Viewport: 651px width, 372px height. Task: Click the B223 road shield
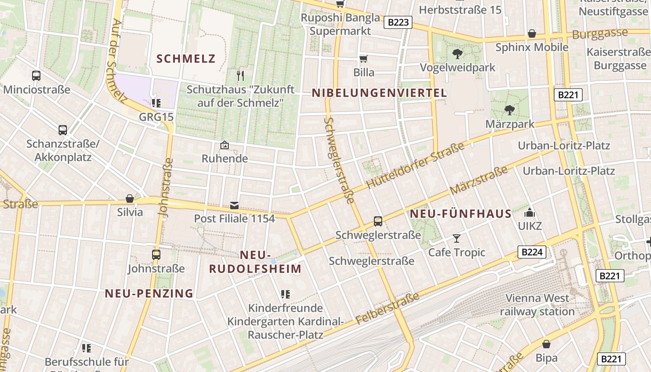(399, 22)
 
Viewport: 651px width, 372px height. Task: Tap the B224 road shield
(532, 252)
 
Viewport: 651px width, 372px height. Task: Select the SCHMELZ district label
(186, 59)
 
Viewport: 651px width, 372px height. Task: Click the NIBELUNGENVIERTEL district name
(379, 93)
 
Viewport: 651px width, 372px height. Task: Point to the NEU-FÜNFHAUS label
(461, 214)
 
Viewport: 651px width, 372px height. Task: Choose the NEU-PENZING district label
(149, 293)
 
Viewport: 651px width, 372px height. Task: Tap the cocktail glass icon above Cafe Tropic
(457, 239)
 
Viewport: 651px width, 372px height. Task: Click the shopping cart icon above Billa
(364, 59)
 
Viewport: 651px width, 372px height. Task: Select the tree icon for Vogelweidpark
(458, 53)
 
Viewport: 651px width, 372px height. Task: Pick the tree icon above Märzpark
(510, 110)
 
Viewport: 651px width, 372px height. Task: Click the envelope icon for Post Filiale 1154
(234, 205)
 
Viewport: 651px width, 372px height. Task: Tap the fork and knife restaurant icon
(240, 75)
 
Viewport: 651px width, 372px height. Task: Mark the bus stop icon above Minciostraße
(36, 75)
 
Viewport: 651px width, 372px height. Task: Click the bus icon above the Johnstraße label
(156, 255)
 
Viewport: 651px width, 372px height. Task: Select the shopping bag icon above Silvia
(130, 199)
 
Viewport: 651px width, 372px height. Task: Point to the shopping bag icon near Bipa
(546, 344)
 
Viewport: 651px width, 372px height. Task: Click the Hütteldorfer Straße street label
(415, 166)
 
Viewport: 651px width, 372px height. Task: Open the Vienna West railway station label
(537, 305)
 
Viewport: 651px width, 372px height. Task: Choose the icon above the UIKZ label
(530, 213)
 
